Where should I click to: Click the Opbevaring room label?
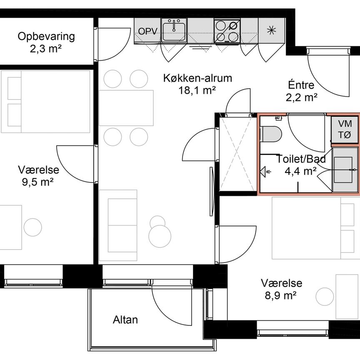(x=46, y=37)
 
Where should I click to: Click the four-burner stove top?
(x=227, y=31)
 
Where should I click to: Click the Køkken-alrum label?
(x=191, y=78)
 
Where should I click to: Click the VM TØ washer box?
(x=345, y=129)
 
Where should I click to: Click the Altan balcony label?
(x=125, y=320)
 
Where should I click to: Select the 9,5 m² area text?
(x=38, y=182)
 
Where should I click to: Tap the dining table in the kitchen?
(x=126, y=107)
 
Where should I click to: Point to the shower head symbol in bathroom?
(x=265, y=170)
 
